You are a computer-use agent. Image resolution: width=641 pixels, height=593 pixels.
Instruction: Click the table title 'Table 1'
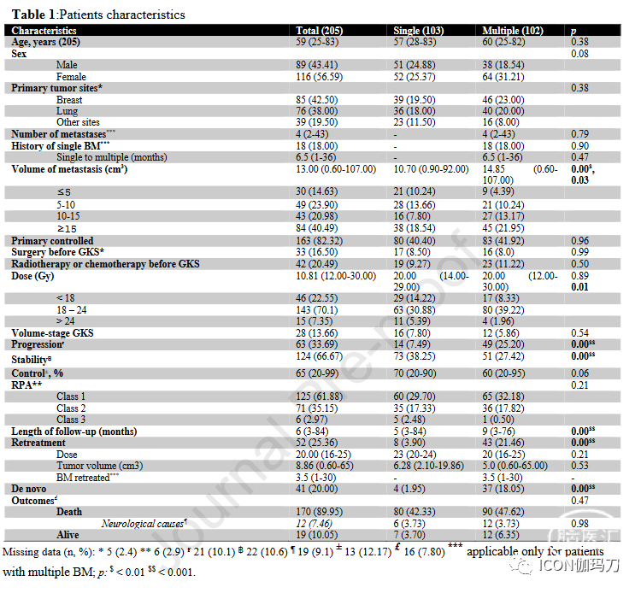pyautogui.click(x=33, y=15)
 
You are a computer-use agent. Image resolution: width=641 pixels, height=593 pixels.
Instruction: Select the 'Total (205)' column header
pyautogui.click(x=320, y=31)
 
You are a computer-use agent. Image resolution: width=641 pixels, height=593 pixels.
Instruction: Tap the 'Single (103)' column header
pyautogui.click(x=418, y=31)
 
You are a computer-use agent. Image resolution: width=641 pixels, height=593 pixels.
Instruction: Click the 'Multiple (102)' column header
pyautogui.click(x=513, y=31)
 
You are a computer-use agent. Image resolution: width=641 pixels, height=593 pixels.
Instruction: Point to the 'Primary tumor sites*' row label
pyautogui.click(x=56, y=88)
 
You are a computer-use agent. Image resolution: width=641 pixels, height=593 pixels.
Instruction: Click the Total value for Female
pyautogui.click(x=320, y=77)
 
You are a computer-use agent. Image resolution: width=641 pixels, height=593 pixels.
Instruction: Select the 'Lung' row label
pyautogui.click(x=67, y=111)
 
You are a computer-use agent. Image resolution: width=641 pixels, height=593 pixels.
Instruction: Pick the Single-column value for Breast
pyautogui.click(x=415, y=100)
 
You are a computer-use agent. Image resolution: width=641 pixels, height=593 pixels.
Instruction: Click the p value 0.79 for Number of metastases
pyautogui.click(x=579, y=134)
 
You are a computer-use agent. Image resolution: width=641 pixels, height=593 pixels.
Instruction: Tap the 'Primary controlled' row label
pyautogui.click(x=52, y=241)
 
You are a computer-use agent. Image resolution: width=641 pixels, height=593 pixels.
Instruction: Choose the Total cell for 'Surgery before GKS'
pyautogui.click(x=317, y=252)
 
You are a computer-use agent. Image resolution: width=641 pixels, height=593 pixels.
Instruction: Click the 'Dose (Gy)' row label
pyautogui.click(x=32, y=276)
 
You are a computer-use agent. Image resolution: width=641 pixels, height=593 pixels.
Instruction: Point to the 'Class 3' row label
pyautogui.click(x=71, y=420)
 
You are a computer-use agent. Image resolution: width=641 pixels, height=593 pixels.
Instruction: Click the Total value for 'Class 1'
pyautogui.click(x=320, y=396)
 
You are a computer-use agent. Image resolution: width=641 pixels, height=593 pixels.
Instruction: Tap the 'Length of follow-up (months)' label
pyautogui.click(x=74, y=432)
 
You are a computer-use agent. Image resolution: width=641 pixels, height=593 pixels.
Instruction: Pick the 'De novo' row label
pyautogui.click(x=28, y=490)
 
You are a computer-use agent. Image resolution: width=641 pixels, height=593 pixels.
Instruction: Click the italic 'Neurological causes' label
pyautogui.click(x=144, y=524)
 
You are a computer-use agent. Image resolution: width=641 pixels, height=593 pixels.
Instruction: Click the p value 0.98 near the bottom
pyautogui.click(x=579, y=524)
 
